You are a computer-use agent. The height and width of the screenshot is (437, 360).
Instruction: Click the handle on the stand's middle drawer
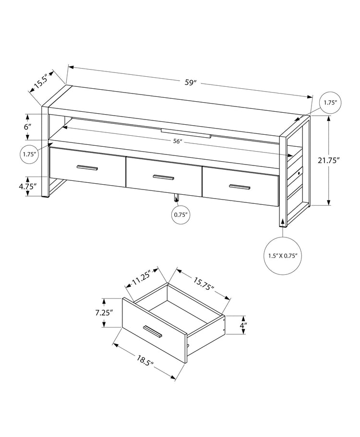click(x=163, y=177)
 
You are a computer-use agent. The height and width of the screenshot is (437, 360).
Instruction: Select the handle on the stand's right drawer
click(x=240, y=187)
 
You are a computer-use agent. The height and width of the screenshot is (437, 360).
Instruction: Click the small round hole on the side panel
click(x=299, y=172)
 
